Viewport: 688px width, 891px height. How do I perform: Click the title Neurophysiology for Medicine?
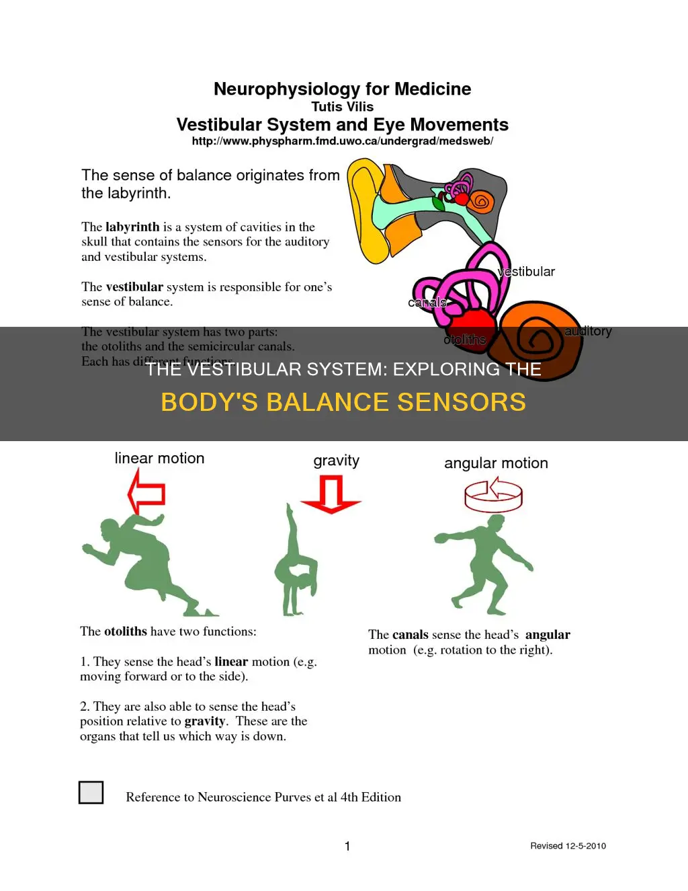click(342, 89)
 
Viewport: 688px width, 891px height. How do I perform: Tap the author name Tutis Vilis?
click(342, 107)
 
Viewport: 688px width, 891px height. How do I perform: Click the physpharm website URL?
click(342, 141)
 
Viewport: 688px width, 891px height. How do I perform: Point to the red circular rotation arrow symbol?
click(493, 496)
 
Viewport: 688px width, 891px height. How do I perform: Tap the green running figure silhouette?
click(144, 565)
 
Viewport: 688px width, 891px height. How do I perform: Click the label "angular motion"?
click(496, 463)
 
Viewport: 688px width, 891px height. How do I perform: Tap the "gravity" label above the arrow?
click(336, 461)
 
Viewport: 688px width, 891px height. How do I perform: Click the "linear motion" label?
click(159, 459)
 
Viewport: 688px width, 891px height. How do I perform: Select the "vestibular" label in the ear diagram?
click(526, 272)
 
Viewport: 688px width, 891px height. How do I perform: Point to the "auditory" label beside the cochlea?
click(588, 331)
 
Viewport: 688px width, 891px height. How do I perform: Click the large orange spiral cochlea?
click(537, 340)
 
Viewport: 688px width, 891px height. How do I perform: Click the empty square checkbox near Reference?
click(91, 792)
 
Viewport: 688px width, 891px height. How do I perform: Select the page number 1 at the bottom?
click(347, 846)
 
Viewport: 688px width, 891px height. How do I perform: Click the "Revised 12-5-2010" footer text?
click(568, 846)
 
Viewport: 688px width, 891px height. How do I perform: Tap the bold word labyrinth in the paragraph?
click(132, 227)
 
